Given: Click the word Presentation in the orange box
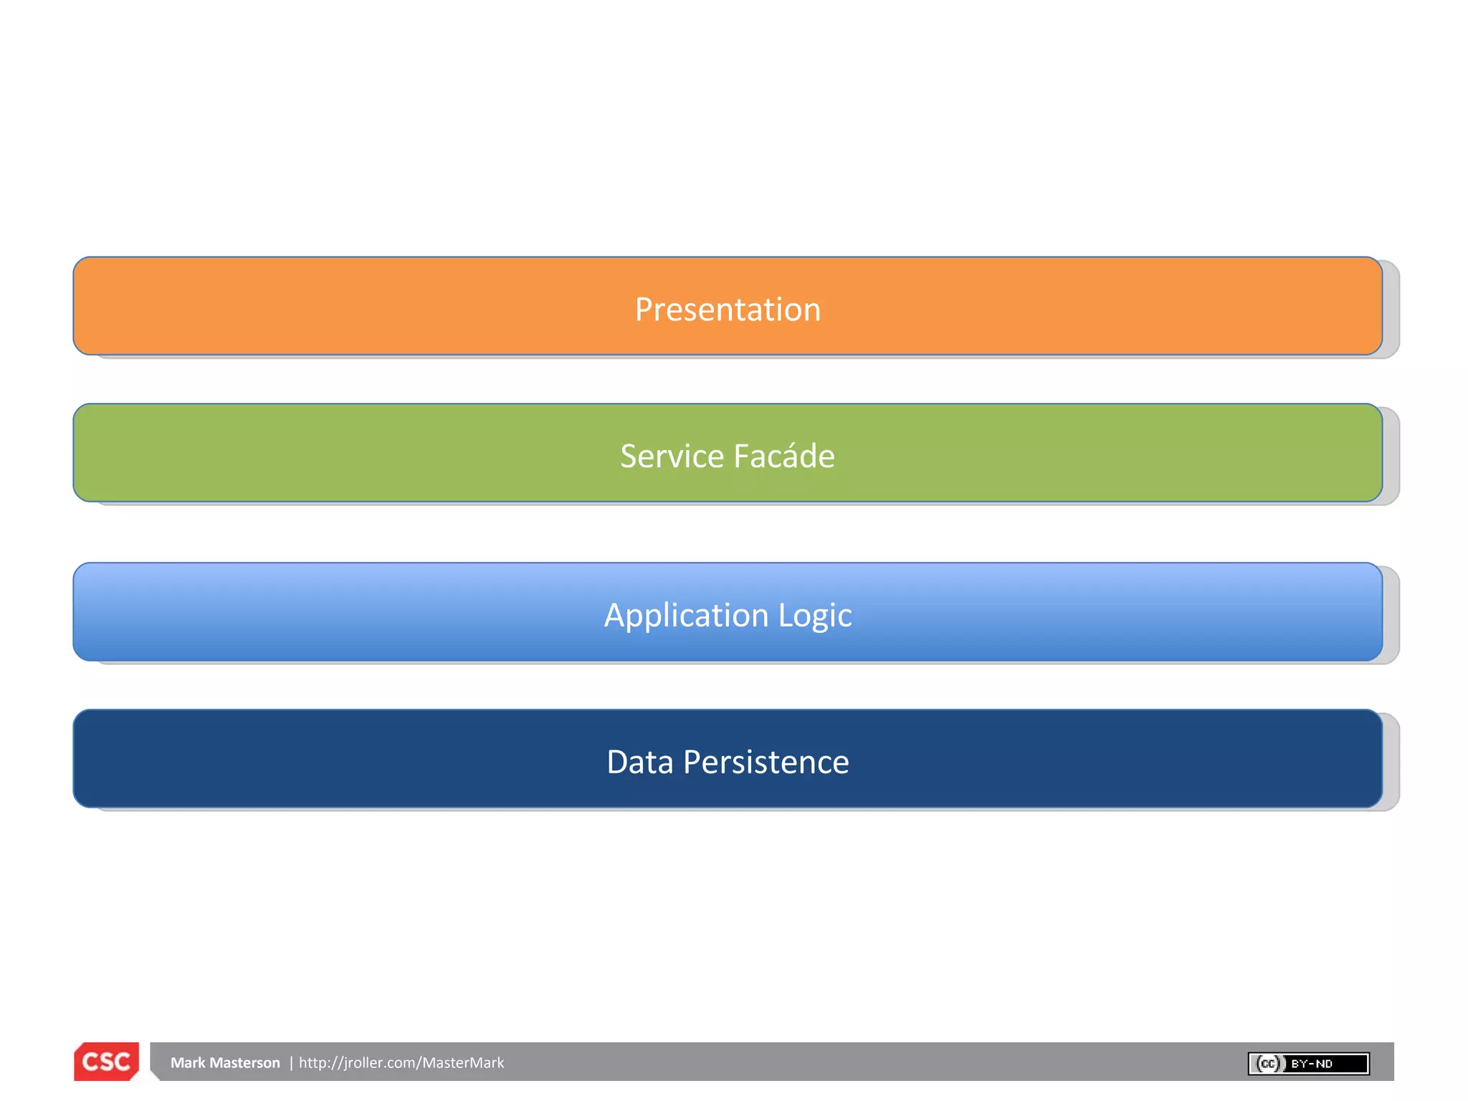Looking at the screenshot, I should pos(728,310).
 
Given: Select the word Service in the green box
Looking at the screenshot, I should pos(672,457).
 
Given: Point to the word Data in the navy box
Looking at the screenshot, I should pos(639,762).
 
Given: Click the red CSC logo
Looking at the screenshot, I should pos(106,1062).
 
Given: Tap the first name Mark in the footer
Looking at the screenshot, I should pos(188,1063).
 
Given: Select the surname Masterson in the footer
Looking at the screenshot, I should pos(244,1063).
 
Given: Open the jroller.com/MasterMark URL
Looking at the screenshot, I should pos(401,1063).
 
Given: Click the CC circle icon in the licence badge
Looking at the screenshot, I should pos(1268,1064).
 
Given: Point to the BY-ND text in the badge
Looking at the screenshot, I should pos(1311,1064).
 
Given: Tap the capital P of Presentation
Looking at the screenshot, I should pos(644,310).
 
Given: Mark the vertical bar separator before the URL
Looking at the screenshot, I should pos(291,1063).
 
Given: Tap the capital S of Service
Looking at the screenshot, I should pos(629,457).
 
